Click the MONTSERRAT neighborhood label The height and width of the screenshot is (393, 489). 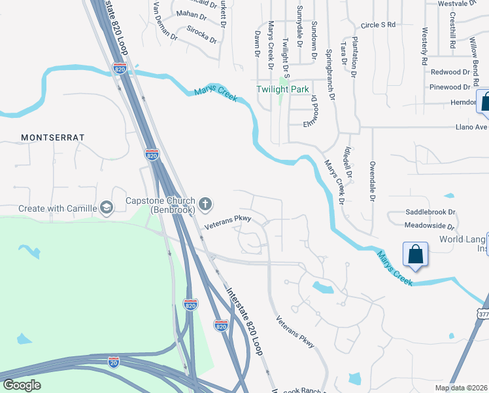click(53, 138)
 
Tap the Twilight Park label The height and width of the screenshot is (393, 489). click(282, 89)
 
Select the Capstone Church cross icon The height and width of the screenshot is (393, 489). click(205, 204)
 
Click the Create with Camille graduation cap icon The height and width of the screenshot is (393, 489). click(106, 208)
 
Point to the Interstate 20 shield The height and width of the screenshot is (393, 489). click(114, 361)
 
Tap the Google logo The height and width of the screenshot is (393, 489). click(22, 385)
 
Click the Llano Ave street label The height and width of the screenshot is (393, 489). click(472, 127)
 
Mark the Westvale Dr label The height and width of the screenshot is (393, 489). click(456, 3)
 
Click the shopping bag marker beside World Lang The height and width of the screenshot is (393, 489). click(416, 254)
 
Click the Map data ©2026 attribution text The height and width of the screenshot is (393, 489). click(461, 387)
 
